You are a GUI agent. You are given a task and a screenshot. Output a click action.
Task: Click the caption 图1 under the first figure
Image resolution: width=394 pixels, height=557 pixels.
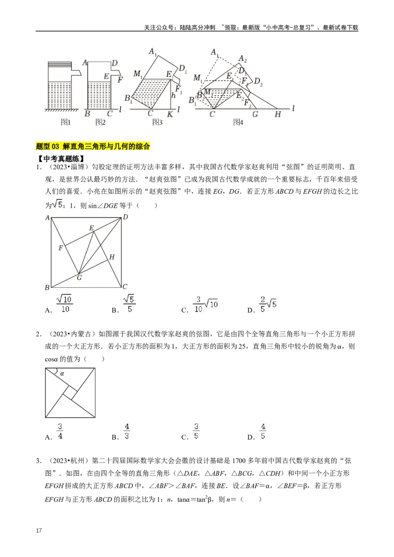tap(66, 122)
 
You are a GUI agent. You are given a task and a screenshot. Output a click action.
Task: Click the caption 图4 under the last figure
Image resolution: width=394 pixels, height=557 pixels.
tap(238, 122)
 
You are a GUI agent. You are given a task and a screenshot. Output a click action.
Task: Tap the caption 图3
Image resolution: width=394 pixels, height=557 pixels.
tap(157, 122)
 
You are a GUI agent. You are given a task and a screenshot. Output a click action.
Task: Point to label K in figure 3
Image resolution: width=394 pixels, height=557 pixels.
tap(170, 114)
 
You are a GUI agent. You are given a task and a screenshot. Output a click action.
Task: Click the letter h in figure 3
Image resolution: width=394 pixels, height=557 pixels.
tap(173, 96)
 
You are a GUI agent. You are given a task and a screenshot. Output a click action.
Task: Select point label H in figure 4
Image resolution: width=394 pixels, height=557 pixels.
tap(278, 114)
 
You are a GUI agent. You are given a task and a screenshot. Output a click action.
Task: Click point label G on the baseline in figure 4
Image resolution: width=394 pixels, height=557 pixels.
tap(255, 114)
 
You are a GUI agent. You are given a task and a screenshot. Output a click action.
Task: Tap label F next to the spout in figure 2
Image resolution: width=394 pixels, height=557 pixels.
tap(120, 79)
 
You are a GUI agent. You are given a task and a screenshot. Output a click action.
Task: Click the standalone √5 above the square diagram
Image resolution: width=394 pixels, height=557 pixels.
tap(58, 203)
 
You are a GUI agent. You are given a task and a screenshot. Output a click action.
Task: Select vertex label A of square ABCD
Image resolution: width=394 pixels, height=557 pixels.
tap(47, 217)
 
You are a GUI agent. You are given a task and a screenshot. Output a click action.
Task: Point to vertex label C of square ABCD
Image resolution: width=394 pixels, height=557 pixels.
tap(125, 287)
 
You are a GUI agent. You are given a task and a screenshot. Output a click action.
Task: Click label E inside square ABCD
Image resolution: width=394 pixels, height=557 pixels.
tap(91, 228)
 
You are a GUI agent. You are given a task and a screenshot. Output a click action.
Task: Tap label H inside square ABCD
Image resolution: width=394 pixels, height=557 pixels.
tap(112, 257)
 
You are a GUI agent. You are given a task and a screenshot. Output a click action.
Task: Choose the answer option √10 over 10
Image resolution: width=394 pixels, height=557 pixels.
tap(65, 304)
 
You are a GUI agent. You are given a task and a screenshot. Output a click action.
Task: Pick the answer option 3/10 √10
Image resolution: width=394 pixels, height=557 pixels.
tap(205, 304)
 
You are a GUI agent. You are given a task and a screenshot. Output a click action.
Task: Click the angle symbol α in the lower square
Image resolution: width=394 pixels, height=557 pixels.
tap(62, 373)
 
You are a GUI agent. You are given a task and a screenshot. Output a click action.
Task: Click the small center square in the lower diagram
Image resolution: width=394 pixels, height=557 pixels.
tap(70, 394)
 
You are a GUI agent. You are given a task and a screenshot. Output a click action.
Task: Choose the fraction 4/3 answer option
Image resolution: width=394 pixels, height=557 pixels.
tap(127, 432)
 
